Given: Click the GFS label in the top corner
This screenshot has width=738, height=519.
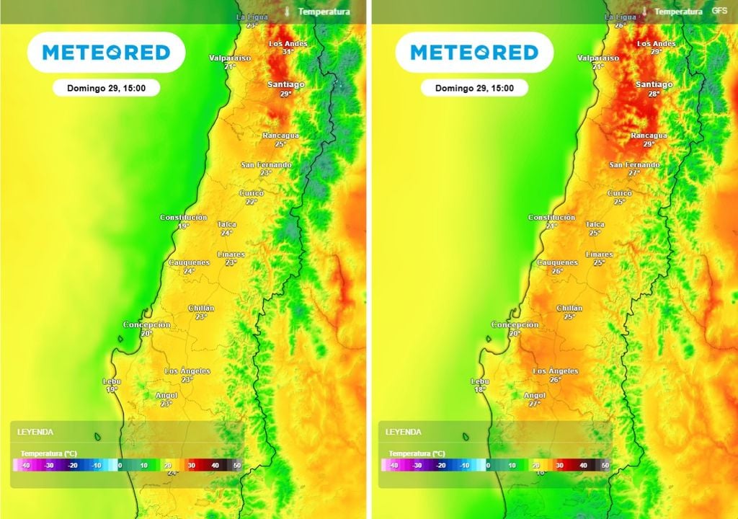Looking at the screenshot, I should [x=719, y=11].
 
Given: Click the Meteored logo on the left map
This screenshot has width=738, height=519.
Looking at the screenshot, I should [x=106, y=52].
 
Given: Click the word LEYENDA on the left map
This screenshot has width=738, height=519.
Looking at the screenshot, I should [x=35, y=432].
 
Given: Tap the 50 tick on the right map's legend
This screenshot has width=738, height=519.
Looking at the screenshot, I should [x=605, y=466].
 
